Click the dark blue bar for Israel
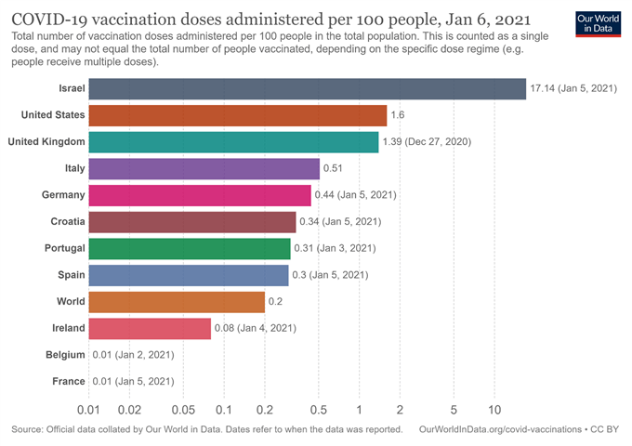307,88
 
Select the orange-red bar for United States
237,115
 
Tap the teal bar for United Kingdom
233,141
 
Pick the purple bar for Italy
204,168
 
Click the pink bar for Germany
200,195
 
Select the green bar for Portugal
190,248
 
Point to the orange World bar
177,302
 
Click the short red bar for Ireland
150,328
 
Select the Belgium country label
65,355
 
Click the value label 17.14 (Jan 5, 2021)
573,88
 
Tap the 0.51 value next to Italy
334,168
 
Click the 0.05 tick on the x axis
183,410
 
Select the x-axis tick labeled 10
494,410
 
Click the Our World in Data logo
595,24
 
